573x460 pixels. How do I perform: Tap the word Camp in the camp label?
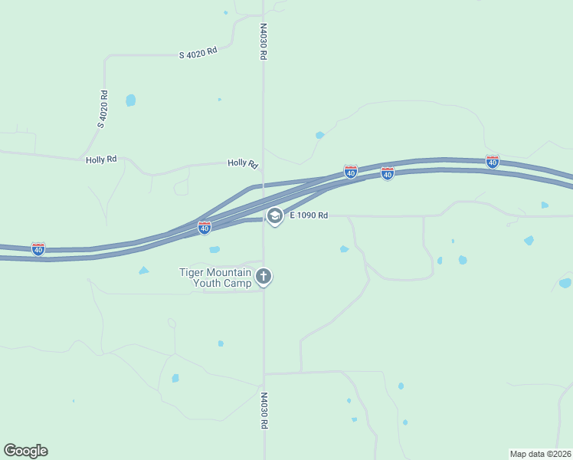point(235,283)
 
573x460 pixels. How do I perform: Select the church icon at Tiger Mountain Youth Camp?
point(264,277)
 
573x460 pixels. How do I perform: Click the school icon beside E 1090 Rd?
point(275,216)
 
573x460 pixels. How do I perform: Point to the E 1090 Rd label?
point(309,216)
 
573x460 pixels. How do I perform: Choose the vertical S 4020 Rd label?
point(103,109)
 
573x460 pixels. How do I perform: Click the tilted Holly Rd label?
point(243,163)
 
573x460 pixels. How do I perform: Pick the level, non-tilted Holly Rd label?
point(101,159)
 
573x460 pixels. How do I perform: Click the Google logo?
point(25,451)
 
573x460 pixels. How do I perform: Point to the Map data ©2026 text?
point(540,454)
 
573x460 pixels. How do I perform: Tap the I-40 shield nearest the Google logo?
point(38,248)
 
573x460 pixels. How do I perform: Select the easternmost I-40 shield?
point(493,162)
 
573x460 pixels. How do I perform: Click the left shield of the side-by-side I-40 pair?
point(350,172)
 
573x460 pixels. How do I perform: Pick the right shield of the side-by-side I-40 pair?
point(388,174)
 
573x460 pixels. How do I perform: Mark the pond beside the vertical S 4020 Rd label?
point(131,100)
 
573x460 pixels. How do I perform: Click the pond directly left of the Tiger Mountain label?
point(143,271)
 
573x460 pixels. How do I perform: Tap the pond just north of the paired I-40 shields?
point(319,136)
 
